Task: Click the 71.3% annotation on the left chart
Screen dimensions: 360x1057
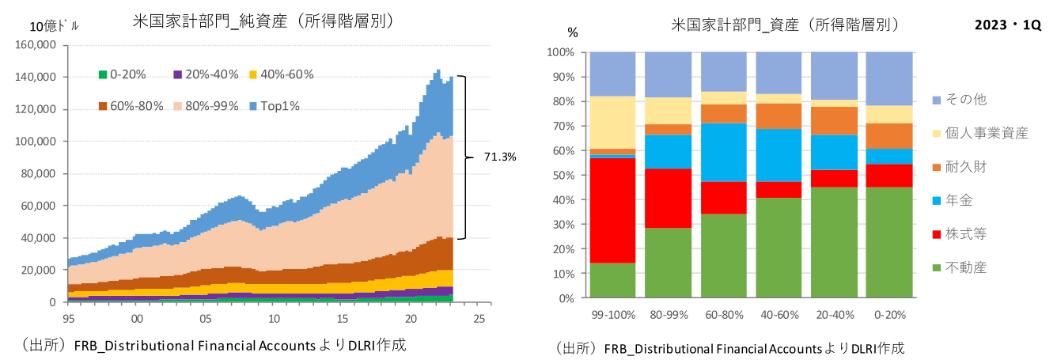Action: tap(499, 157)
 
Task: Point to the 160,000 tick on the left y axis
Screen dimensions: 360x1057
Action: tap(36, 45)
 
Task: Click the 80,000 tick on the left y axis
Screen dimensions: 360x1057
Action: tap(39, 174)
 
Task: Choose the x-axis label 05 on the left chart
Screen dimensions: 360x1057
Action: tap(205, 318)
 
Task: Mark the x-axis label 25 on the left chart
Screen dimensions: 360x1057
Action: tap(479, 318)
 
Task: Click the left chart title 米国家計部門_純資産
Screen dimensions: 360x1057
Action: tap(263, 21)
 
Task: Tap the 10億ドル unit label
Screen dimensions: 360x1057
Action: tap(55, 25)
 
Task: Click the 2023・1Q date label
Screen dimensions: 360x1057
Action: tap(1008, 25)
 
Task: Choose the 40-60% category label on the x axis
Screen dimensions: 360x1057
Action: tap(779, 314)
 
